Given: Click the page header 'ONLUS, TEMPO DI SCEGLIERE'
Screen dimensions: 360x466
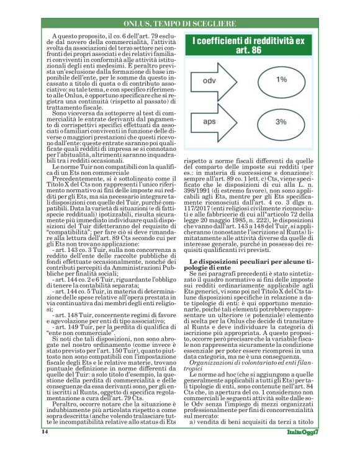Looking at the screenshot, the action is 179,23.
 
